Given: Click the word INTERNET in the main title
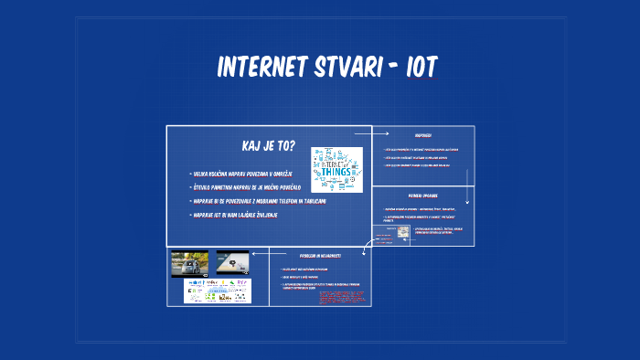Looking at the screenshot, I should (x=261, y=68).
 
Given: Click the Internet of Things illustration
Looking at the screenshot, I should (x=336, y=169).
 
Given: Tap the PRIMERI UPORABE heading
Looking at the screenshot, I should (x=423, y=196).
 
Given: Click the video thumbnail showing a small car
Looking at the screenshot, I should (x=190, y=263).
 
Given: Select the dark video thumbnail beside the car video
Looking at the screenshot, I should (x=233, y=263).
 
